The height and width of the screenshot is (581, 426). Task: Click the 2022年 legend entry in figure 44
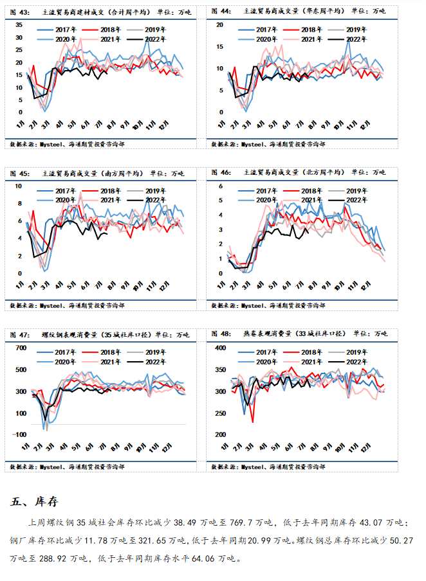[x=357, y=39]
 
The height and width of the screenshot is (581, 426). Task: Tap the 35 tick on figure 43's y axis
[x=19, y=24]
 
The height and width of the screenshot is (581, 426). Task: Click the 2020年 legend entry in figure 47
[x=64, y=362]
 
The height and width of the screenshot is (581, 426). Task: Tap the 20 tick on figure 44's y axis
[x=220, y=24]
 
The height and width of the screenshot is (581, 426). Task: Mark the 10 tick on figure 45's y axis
[x=19, y=186]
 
